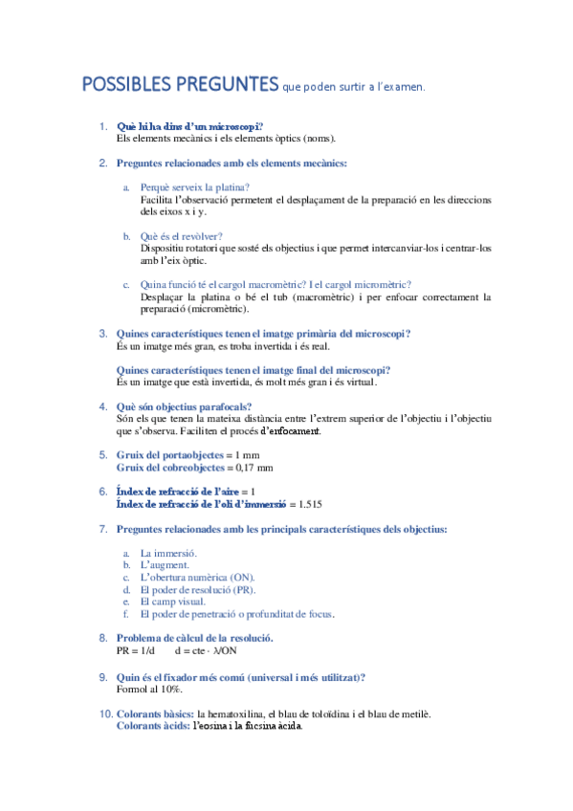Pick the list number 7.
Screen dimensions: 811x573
103,529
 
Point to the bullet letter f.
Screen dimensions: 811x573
126,614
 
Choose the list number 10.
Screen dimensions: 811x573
104,713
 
